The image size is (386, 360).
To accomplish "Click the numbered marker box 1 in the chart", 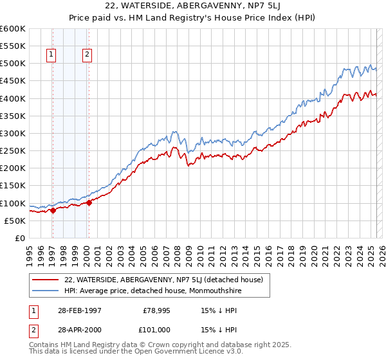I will (x=51, y=55).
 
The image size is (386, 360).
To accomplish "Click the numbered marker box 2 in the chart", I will (x=87, y=55).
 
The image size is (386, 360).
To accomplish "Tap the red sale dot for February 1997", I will (x=53, y=211).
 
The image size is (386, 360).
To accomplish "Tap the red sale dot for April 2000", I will (x=89, y=203).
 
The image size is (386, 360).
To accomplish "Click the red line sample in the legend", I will (x=46, y=279).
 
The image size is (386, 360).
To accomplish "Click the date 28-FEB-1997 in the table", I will (x=75, y=310).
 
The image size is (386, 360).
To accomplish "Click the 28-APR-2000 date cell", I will (x=75, y=330).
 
